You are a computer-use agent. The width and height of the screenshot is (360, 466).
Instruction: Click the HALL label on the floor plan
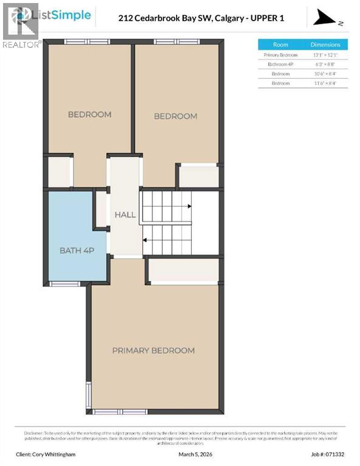(x=124, y=215)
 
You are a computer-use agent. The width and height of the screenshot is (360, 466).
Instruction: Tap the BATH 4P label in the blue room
(x=76, y=250)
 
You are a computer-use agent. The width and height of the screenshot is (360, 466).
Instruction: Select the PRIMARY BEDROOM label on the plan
(x=153, y=350)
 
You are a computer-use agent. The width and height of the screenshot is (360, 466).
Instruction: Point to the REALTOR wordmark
(x=21, y=44)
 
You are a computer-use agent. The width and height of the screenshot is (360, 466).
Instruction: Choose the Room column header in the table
(x=280, y=45)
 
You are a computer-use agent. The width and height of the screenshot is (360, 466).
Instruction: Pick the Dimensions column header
(x=325, y=45)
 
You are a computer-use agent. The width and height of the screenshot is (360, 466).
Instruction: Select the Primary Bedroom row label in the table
(x=280, y=55)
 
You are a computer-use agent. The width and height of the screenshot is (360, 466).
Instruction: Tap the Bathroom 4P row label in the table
(x=280, y=64)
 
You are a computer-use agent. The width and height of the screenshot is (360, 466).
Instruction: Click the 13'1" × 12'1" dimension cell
(x=325, y=55)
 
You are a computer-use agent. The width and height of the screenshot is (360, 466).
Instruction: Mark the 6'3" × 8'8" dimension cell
(x=325, y=64)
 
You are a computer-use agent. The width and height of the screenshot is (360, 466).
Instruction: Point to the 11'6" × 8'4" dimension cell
(x=325, y=83)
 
